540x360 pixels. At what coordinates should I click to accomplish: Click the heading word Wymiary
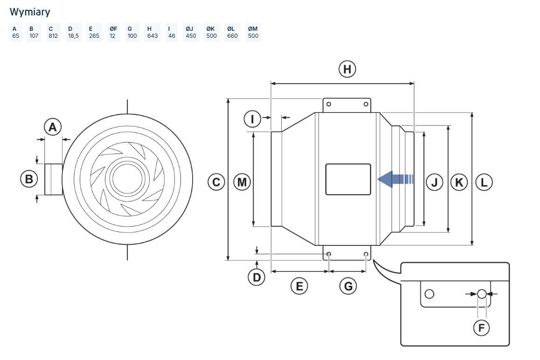coord(30,12)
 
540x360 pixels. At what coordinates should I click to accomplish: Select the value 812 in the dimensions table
coord(53,36)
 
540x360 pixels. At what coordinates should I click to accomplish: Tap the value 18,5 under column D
coord(73,36)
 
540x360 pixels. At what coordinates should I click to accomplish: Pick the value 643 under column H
coord(152,36)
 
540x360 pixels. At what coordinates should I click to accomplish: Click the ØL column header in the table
coord(231,29)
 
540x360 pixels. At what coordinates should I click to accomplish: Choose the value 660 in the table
coord(233,36)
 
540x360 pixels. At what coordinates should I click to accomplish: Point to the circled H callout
coord(347,69)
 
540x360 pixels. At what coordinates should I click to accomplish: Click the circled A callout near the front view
coord(53,127)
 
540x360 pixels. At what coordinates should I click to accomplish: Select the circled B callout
coord(29,179)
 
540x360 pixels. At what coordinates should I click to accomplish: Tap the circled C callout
coord(216,182)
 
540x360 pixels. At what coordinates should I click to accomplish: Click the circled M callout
coord(242,182)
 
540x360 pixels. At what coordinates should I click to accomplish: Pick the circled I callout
coord(252,119)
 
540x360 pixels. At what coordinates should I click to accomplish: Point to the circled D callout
coord(256,277)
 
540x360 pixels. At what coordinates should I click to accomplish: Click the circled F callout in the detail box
coord(481,328)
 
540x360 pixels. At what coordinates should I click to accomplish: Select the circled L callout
coord(484,182)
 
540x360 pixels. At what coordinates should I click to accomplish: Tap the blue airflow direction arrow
coord(395,179)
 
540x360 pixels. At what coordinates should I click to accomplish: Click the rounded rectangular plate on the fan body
coord(348,180)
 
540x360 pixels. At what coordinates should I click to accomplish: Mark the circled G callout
coord(348,286)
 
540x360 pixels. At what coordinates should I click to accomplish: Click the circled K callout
coord(459,182)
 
